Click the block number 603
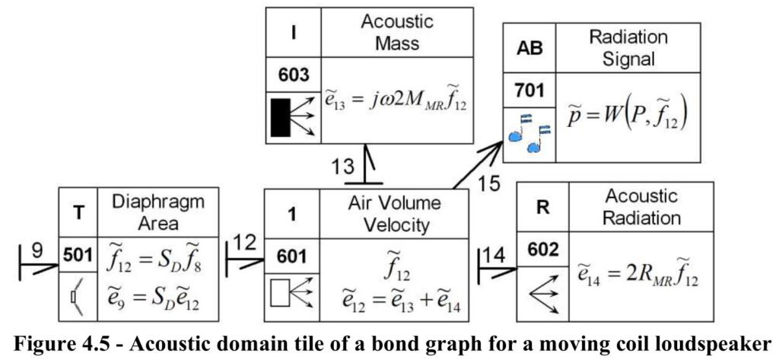coord(293,75)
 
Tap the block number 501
coord(78,255)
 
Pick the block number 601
coord(292,256)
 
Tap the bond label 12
coord(244,242)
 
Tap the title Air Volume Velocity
coord(395,215)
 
